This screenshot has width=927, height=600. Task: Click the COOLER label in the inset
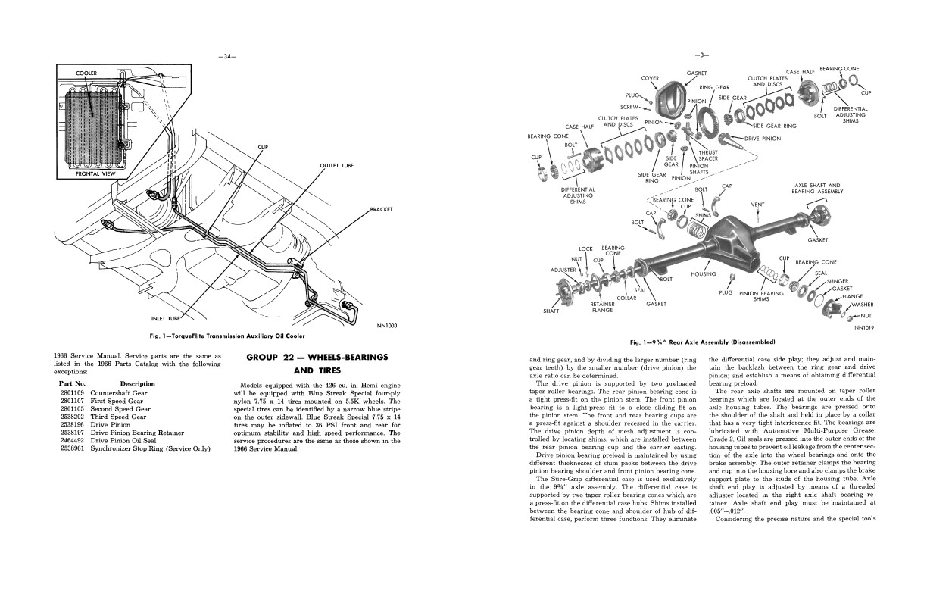86,73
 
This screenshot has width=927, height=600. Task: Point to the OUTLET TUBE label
336,165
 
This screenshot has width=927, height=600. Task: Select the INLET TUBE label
166,319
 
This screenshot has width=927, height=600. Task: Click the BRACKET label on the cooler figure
381,209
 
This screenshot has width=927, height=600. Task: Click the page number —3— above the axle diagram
701,55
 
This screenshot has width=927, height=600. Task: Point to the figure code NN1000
386,326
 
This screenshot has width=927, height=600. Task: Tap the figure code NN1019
864,328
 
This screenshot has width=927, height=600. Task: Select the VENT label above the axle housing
757,205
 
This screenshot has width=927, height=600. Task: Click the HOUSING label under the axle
704,274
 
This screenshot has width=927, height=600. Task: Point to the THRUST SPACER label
708,155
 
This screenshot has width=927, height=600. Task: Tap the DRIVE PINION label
763,139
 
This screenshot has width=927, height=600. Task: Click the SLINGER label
837,281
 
